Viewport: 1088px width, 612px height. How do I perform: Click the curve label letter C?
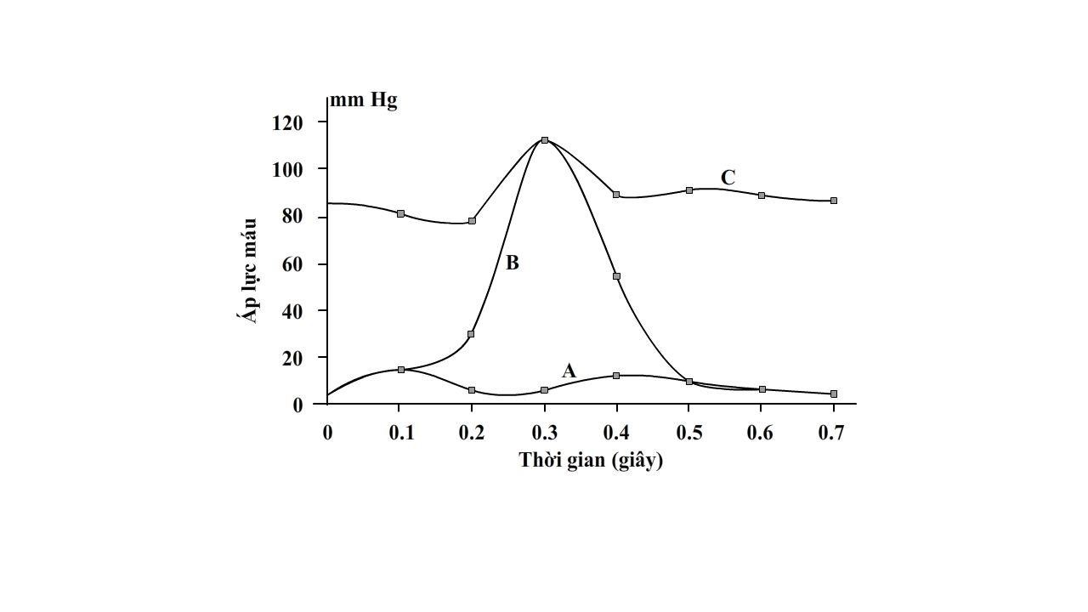pos(728,178)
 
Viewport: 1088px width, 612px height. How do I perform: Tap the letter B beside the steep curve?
pos(512,263)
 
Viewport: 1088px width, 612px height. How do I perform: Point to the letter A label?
pos(569,371)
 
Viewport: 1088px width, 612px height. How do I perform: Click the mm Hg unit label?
pos(364,100)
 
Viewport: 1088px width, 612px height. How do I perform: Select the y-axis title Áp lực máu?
pos(249,270)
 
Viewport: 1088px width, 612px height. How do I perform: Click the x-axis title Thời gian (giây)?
pos(591,461)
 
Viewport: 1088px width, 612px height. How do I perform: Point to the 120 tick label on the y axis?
pos(287,123)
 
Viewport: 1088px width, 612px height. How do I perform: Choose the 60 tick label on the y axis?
pos(292,264)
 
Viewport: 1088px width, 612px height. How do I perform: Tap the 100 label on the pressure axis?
pos(287,169)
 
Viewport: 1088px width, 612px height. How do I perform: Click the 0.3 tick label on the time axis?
pos(544,433)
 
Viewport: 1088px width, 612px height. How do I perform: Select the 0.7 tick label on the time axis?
pos(832,433)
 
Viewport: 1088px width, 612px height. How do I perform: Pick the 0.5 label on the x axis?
pos(688,433)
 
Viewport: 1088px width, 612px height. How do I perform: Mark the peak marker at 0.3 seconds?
pos(545,140)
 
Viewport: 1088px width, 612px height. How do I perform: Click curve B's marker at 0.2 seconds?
pos(471,334)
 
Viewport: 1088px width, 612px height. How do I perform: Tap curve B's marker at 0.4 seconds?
pos(616,276)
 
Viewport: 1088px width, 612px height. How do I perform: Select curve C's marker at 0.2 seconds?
pos(472,221)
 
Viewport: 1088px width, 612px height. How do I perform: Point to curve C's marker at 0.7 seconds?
pos(834,201)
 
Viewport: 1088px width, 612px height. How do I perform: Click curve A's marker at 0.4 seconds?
pos(616,375)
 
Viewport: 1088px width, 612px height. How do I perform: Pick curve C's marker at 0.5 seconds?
pos(689,190)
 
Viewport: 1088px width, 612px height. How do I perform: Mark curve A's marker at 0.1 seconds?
pos(400,370)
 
